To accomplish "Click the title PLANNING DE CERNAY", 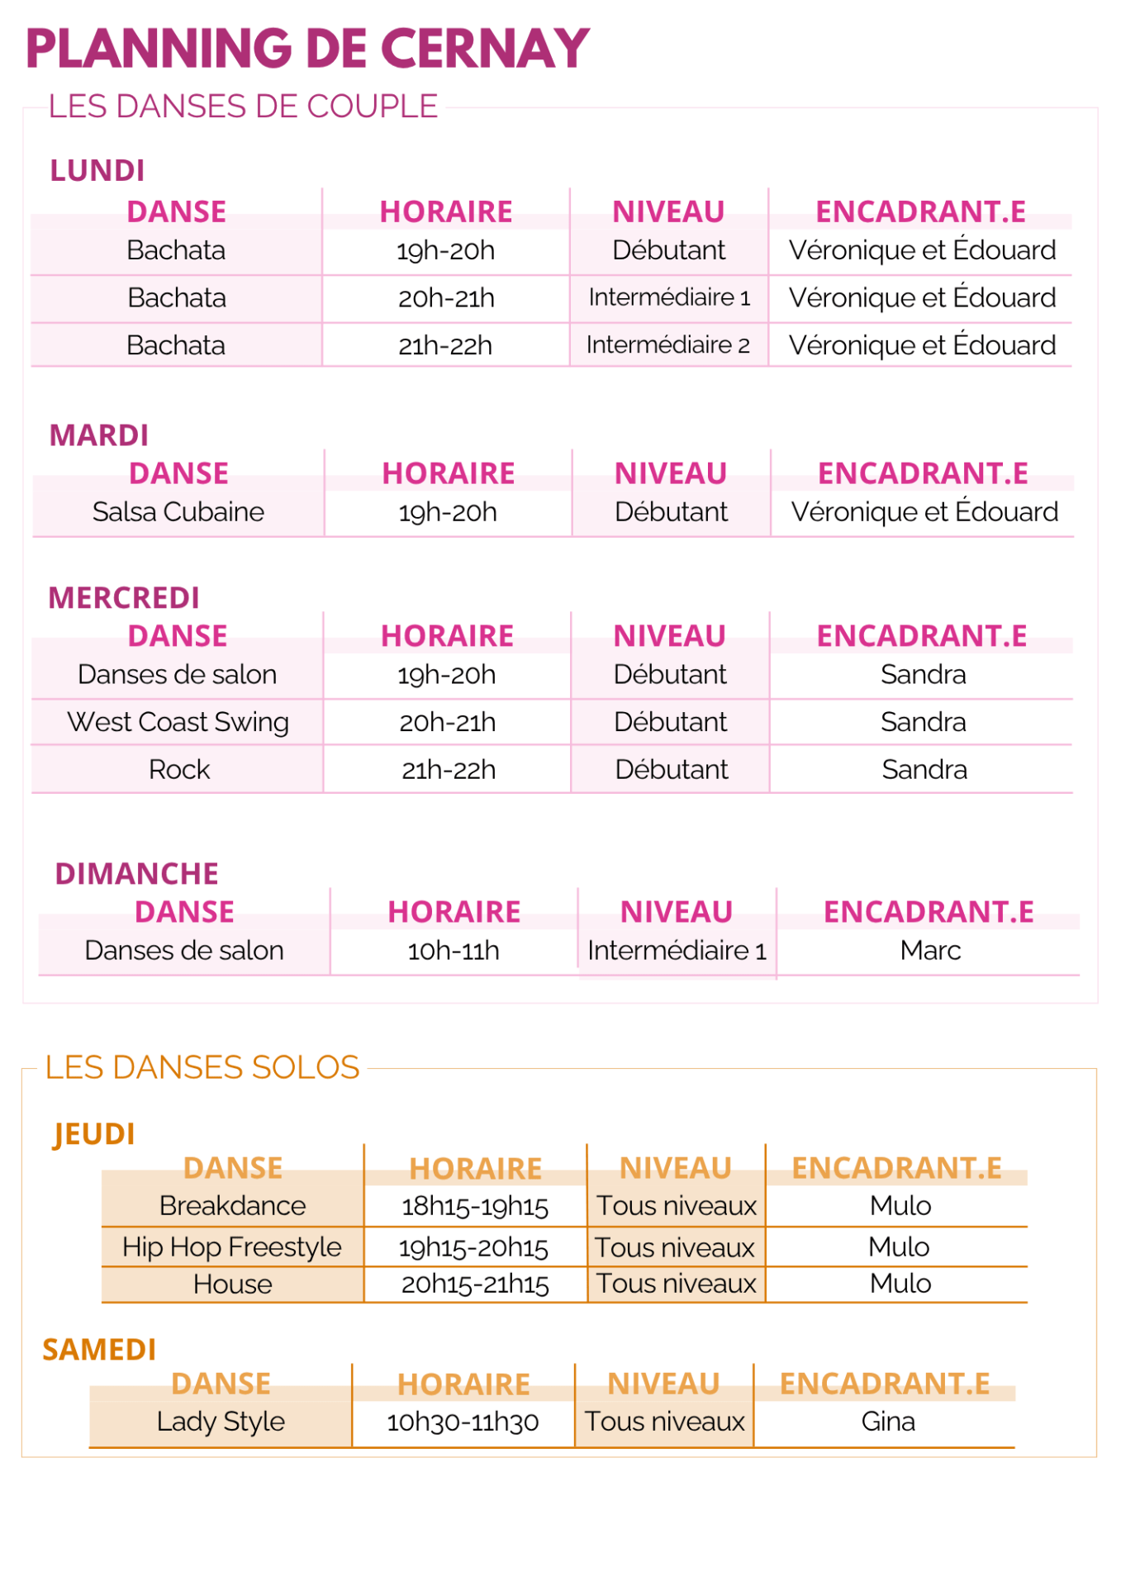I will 307,49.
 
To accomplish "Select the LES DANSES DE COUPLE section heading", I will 243,107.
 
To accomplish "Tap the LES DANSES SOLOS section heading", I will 202,1067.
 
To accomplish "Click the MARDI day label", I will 99,435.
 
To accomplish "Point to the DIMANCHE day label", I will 137,874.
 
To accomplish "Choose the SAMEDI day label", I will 99,1350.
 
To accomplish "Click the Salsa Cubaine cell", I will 178,512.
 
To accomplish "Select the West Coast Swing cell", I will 178,722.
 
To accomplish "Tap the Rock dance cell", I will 179,770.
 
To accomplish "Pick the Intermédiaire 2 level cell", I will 668,345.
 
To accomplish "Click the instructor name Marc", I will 930,951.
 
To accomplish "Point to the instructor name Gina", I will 888,1422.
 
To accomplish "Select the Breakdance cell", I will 233,1206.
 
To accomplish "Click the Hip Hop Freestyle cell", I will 232,1246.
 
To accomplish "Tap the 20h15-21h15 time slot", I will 475,1284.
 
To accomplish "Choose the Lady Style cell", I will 221,1422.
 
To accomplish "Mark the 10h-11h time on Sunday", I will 454,951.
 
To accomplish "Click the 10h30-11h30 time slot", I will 463,1422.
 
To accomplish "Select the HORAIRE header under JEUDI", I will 476,1169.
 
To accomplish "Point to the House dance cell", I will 233,1284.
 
